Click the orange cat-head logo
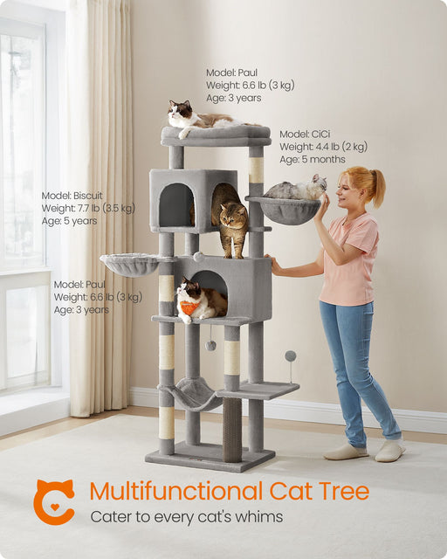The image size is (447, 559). [x=53, y=501]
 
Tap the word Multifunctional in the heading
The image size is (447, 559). [x=176, y=491]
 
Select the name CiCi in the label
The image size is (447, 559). [x=320, y=134]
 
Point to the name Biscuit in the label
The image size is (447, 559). [x=87, y=196]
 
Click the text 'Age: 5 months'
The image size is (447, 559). [x=313, y=159]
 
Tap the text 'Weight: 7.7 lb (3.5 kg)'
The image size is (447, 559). [x=88, y=208]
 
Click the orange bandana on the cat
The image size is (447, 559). [x=188, y=307]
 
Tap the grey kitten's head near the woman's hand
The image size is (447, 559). [x=319, y=183]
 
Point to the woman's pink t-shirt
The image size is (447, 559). [x=348, y=259]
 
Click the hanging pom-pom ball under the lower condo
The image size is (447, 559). [x=210, y=345]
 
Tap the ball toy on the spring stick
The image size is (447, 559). [x=290, y=355]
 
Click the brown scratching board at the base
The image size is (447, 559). [x=232, y=430]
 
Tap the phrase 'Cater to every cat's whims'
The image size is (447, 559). [x=187, y=516]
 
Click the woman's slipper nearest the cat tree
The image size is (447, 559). [x=346, y=452]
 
